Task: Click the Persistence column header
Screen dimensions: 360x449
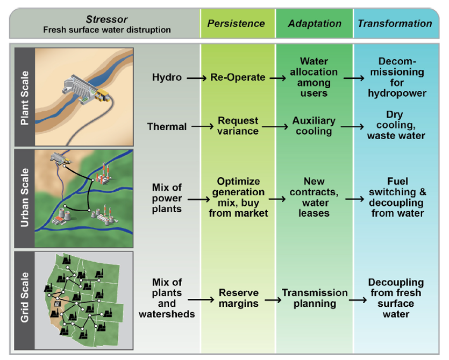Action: point(236,24)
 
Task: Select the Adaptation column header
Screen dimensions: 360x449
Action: point(315,24)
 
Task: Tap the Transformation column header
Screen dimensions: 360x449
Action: point(395,24)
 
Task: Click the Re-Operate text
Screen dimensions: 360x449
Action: point(238,77)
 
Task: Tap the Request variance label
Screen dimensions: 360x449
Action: point(238,126)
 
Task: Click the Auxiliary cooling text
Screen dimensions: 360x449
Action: point(313,126)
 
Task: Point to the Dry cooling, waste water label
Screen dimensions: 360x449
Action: point(395,125)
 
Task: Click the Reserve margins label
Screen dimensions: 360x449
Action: point(238,298)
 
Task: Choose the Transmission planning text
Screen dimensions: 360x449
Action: point(315,298)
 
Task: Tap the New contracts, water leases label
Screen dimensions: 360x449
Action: point(314,197)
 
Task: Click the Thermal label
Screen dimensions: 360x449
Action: point(167,127)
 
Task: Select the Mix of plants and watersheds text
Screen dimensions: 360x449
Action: point(167,298)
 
